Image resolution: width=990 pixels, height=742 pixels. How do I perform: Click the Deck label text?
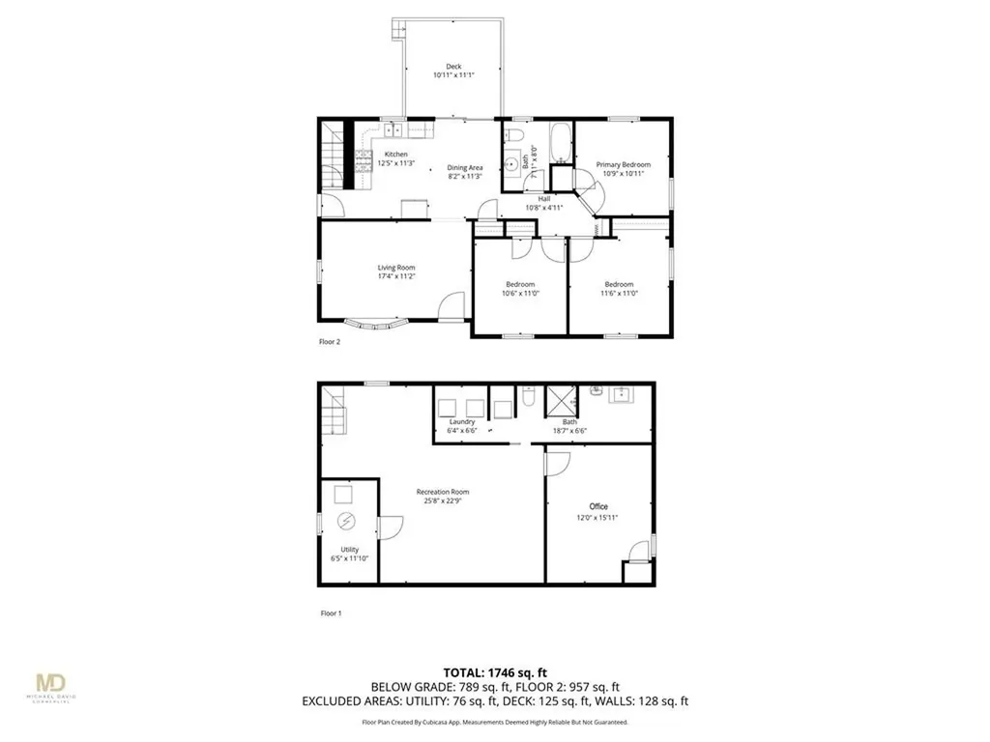[x=453, y=67]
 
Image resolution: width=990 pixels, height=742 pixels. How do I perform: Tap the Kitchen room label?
[x=396, y=155]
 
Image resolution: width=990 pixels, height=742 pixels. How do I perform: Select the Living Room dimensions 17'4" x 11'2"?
[x=396, y=276]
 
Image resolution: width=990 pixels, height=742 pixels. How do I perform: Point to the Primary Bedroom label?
[x=623, y=165]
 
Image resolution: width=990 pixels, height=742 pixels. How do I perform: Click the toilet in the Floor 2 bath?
[x=516, y=134]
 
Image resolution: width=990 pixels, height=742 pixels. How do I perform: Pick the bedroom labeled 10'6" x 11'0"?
[x=520, y=288]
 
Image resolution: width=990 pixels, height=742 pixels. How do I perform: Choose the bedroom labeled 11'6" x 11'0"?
[x=619, y=288]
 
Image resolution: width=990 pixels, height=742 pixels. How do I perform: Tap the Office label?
[x=599, y=506]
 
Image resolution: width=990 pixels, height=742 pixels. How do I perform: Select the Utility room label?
[x=349, y=549]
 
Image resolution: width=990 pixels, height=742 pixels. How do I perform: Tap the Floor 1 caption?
[x=331, y=613]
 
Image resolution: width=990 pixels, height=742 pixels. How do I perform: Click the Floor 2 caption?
[x=330, y=341]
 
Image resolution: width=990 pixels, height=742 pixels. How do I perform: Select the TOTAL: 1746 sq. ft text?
[x=494, y=672]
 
